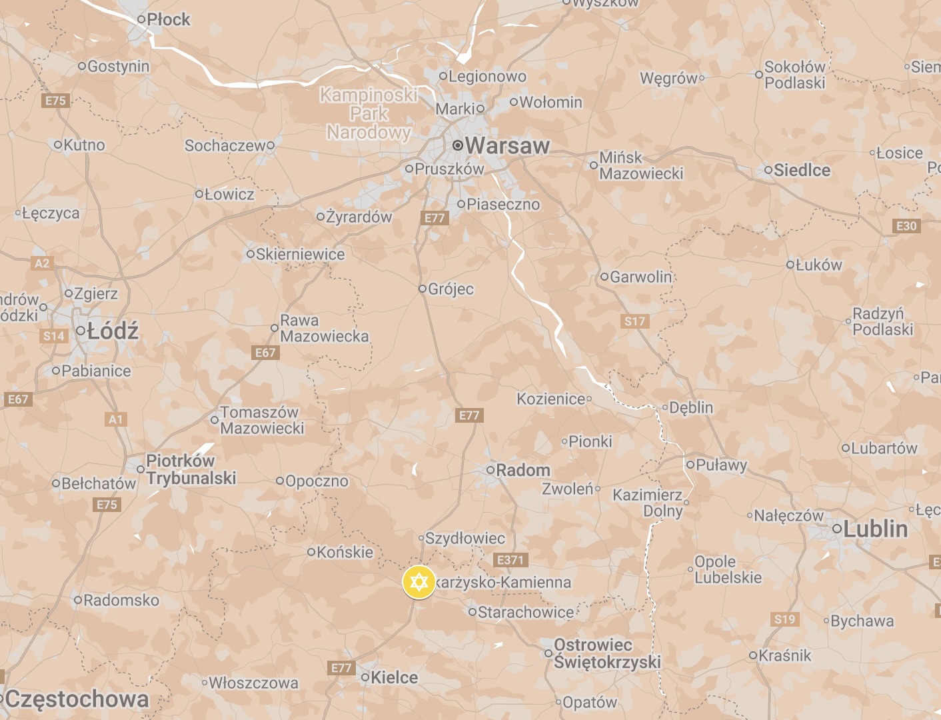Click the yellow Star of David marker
point(419,583)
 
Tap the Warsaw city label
point(507,145)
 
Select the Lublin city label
point(875,529)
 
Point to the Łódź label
point(113,331)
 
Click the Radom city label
point(522,470)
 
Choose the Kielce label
point(394,677)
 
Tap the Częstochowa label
point(77,699)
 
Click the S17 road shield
point(634,321)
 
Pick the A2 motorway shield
point(42,263)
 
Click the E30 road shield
point(906,226)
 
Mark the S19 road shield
point(784,619)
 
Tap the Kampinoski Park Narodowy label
point(369,113)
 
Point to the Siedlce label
point(802,171)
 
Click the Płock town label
point(168,20)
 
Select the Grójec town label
point(451,289)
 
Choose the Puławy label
point(721,465)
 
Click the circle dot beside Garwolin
point(604,277)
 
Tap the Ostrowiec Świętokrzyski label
point(606,653)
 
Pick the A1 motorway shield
point(116,419)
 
